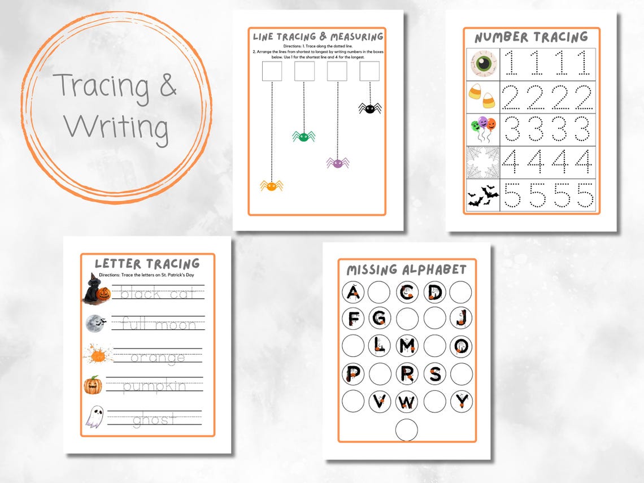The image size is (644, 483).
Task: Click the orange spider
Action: (x=271, y=185)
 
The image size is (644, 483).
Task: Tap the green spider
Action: (x=303, y=136)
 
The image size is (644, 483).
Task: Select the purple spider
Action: (x=337, y=163)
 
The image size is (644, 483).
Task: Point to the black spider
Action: (x=369, y=107)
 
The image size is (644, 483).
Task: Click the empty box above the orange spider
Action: (x=272, y=71)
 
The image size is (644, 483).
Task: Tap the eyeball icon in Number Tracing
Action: (x=483, y=64)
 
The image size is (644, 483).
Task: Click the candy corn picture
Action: (x=482, y=97)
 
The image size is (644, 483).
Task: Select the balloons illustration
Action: (x=482, y=129)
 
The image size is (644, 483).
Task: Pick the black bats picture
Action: (x=482, y=197)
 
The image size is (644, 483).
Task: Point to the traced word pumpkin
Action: (x=154, y=387)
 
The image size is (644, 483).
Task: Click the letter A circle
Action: (x=353, y=292)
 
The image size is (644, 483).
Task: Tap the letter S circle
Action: (x=434, y=373)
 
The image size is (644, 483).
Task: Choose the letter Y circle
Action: (x=461, y=401)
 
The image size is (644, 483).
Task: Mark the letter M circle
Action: (x=407, y=346)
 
